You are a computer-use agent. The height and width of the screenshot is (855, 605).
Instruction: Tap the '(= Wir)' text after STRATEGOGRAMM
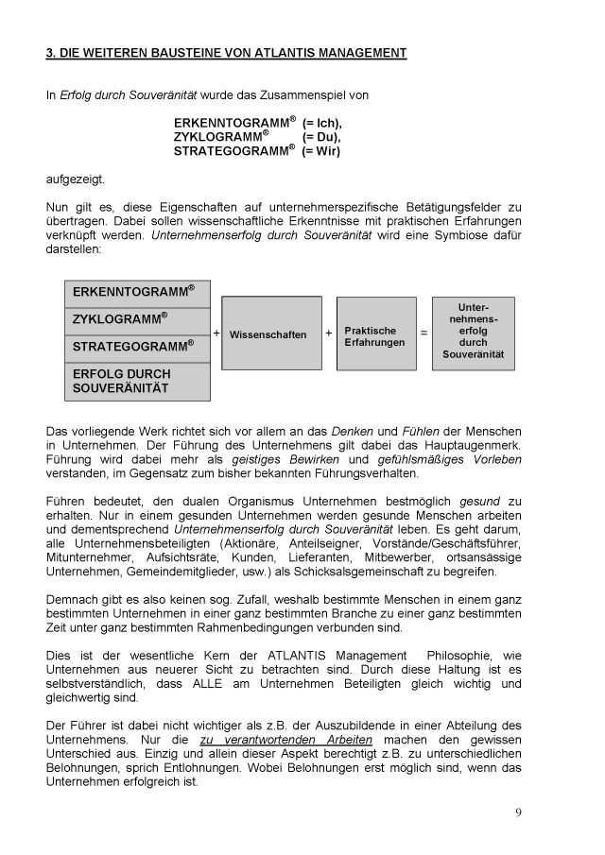(321, 150)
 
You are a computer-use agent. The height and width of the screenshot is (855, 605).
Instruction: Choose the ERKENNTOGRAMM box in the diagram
(137, 292)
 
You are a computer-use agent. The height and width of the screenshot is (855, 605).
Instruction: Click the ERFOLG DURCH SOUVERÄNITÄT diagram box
(137, 381)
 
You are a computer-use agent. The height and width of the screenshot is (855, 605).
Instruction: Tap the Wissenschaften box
(268, 334)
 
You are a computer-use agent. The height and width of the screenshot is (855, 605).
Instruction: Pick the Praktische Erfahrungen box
(375, 335)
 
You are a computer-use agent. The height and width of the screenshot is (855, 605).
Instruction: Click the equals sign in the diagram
(423, 333)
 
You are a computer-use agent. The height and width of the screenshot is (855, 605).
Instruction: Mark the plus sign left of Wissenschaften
(216, 333)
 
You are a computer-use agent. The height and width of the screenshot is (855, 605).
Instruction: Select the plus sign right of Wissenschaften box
(329, 333)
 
